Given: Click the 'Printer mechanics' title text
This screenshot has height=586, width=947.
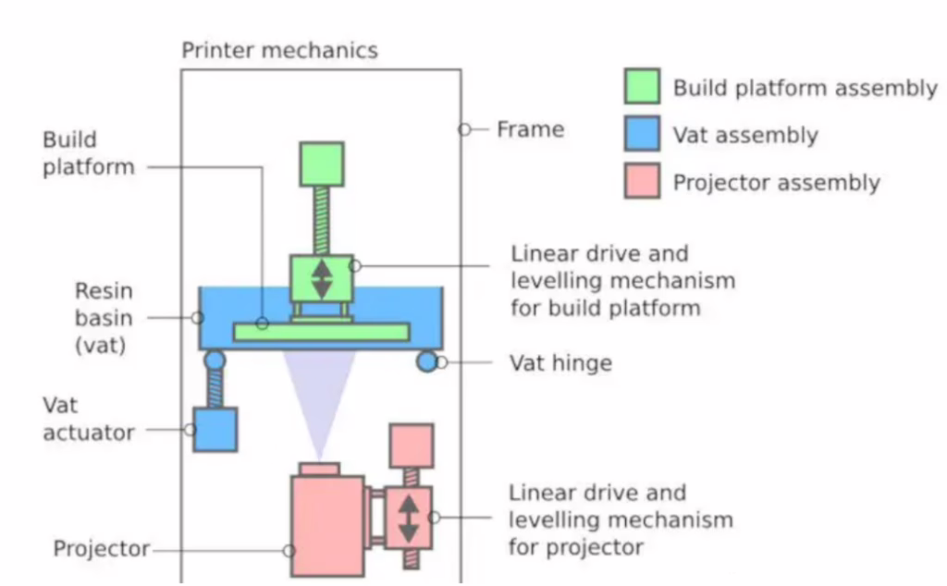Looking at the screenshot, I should (x=279, y=50).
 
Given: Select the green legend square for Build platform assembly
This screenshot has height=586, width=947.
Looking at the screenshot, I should (x=642, y=87).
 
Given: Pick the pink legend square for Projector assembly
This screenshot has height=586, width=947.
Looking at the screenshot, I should (x=642, y=180).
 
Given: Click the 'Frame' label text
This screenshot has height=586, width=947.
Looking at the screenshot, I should (x=530, y=129).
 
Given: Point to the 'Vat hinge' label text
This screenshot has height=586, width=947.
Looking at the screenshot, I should (x=560, y=362).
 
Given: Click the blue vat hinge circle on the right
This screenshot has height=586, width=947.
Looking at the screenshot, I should (x=426, y=361).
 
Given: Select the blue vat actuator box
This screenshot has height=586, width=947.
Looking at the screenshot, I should (x=215, y=429).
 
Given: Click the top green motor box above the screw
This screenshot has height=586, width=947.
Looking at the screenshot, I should (x=321, y=165).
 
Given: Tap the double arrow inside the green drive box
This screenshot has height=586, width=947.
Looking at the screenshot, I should (x=321, y=279).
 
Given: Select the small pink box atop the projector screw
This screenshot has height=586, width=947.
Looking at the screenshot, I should (x=411, y=446).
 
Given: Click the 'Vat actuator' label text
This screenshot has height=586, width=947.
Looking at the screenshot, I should (x=89, y=419).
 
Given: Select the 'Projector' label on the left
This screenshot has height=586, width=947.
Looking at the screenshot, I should (x=101, y=549).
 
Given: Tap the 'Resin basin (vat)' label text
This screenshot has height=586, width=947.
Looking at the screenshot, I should (x=104, y=318).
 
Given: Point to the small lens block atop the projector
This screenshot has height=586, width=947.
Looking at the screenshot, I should (x=320, y=470).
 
